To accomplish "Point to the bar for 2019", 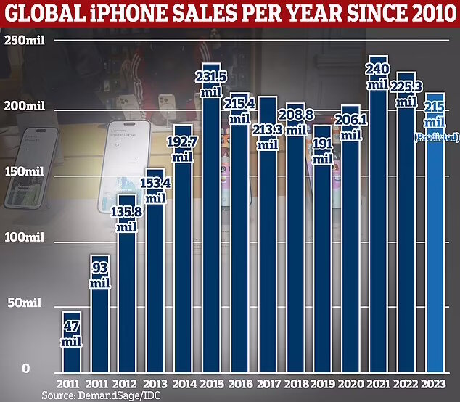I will pyautogui.click(x=301, y=276).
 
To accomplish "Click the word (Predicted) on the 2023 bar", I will pyautogui.click(x=438, y=137).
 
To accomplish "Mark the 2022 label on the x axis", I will pyautogui.click(x=405, y=382).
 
